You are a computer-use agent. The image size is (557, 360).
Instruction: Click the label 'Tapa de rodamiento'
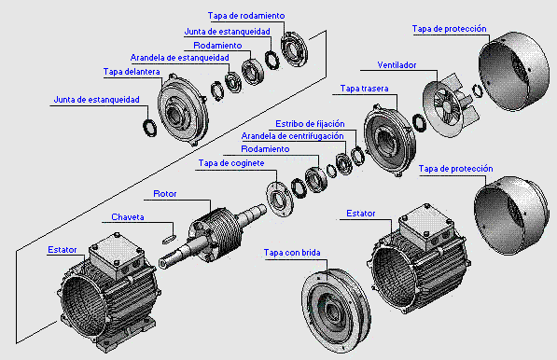pos(247,16)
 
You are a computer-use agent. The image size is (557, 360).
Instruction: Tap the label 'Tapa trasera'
pos(365,89)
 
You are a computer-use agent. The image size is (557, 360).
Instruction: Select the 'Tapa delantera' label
pos(131,71)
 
